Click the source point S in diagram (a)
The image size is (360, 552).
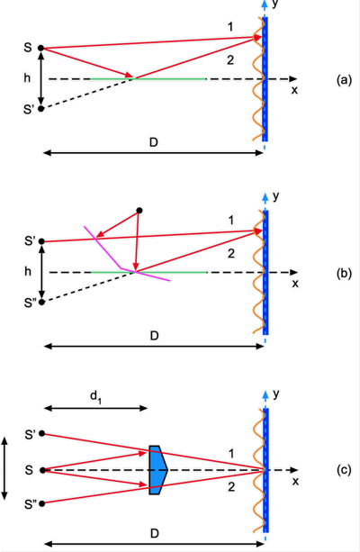coord(40,48)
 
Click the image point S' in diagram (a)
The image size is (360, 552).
coord(40,109)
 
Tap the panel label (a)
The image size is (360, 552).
coord(344,80)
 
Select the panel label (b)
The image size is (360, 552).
coord(344,274)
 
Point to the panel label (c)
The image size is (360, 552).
coord(344,470)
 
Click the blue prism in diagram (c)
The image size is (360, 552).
coord(157,470)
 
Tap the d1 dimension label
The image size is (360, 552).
coord(95,397)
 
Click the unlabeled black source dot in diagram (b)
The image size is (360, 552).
coord(139,211)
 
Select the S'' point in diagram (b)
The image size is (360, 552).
coord(41,302)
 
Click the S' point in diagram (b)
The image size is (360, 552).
coord(41,241)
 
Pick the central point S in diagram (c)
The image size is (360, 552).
coord(42,470)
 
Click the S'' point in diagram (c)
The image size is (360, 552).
coord(42,503)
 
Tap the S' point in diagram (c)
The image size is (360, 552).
coord(42,434)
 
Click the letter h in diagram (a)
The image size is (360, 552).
coord(27,77)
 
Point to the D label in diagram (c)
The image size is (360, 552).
coord(154,534)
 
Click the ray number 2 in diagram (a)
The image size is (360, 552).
coord(230,60)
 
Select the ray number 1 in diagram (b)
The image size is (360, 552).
coord(231,221)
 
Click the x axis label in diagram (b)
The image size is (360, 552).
coord(295,284)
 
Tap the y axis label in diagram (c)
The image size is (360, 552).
coord(276,394)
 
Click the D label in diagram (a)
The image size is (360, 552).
coord(153,142)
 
